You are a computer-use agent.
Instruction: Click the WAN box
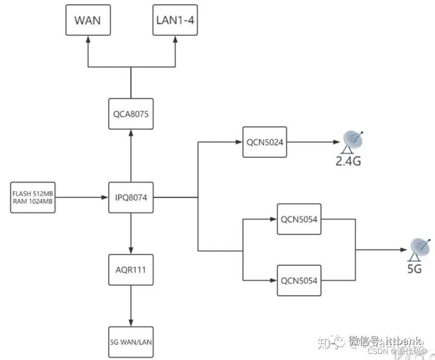point(88,20)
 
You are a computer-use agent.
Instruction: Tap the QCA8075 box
point(131,113)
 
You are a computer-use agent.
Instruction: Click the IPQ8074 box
point(131,198)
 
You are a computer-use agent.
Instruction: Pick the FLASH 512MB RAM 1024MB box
point(32,198)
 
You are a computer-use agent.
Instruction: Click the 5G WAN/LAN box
point(131,342)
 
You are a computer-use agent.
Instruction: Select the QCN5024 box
point(265,142)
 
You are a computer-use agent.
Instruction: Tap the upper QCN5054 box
point(299,219)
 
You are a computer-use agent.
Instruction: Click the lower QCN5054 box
point(299,281)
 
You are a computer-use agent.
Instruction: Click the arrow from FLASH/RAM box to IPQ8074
point(81,198)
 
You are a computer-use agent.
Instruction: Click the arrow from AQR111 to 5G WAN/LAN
point(131,305)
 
